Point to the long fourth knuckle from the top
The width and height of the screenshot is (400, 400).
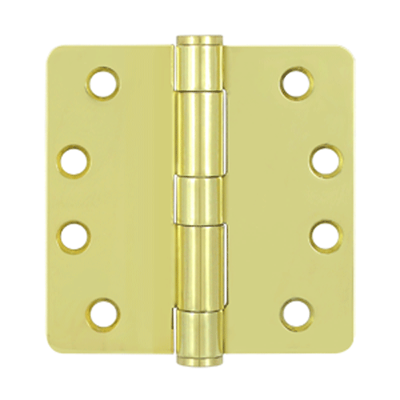click(x=198, y=266)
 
